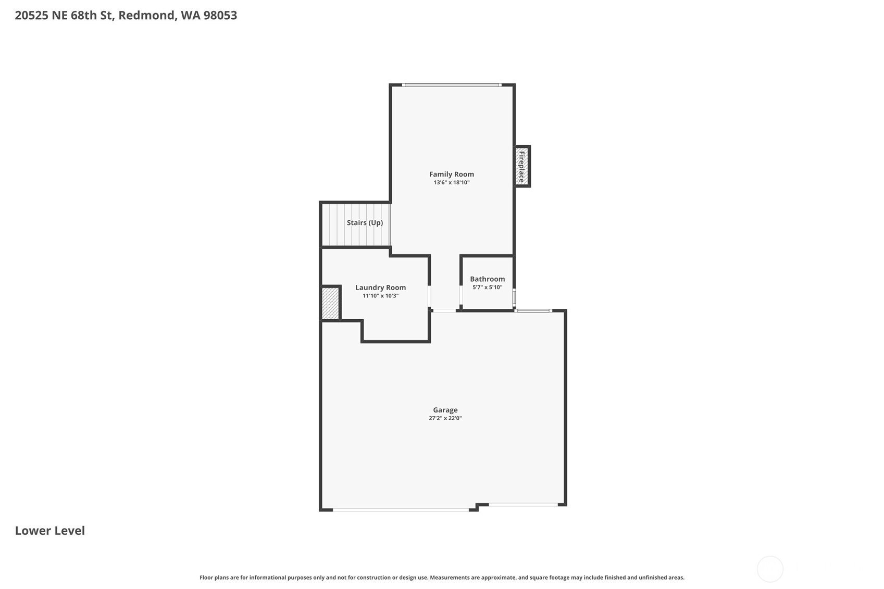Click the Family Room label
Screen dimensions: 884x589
(x=452, y=174)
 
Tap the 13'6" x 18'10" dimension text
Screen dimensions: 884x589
(x=452, y=182)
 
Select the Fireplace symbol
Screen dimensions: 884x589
(x=522, y=166)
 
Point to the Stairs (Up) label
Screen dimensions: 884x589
(x=365, y=222)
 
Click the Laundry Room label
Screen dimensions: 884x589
(x=380, y=287)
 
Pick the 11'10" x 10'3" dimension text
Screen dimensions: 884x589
(x=380, y=296)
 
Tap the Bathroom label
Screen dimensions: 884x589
(x=488, y=279)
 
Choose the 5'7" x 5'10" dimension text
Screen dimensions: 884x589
(x=488, y=287)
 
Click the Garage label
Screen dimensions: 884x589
(x=445, y=410)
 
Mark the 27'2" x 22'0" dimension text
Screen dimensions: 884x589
(x=445, y=418)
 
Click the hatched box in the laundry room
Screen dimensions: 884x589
(x=330, y=304)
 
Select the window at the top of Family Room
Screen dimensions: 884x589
(x=452, y=85)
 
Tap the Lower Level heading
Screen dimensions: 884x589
(x=49, y=531)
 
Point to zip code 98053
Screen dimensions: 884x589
(x=220, y=16)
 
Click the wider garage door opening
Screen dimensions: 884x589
(x=401, y=510)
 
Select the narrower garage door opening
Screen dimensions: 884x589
(x=524, y=505)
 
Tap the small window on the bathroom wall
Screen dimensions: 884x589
(x=514, y=298)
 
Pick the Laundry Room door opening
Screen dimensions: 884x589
(x=429, y=296)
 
